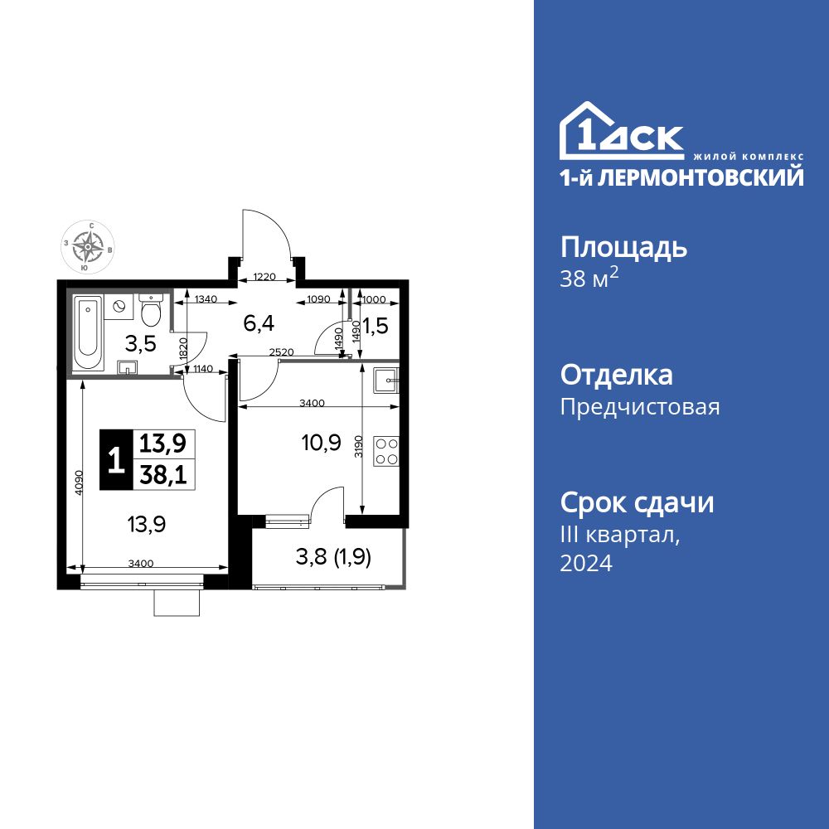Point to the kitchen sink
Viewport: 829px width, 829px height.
pos(386,381)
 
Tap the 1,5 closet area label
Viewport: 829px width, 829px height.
pos(376,326)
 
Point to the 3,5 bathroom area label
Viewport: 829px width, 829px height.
pos(141,342)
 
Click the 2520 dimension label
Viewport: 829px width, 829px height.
pos(282,352)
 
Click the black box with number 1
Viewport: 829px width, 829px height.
pos(116,459)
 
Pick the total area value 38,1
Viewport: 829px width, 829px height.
pos(162,474)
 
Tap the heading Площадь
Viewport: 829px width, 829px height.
pos(623,247)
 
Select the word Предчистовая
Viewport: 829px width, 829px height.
pos(640,407)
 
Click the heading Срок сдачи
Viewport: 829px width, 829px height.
pos(637,502)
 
